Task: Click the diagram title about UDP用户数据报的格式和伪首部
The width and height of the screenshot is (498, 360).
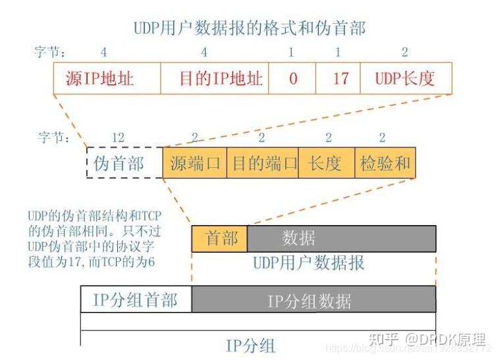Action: [249, 28]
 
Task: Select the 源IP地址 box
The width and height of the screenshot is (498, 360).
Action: [107, 79]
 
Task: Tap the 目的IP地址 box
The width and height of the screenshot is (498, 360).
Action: [215, 79]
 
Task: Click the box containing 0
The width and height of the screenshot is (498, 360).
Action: [292, 79]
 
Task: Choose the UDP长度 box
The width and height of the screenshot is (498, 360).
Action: [406, 79]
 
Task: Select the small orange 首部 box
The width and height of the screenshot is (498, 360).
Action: [219, 238]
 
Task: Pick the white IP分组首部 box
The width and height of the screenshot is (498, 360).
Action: [136, 299]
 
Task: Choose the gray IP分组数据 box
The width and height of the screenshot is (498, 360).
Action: [314, 299]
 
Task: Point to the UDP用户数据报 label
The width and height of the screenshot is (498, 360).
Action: [309, 263]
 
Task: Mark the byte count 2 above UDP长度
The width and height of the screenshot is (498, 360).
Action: [405, 51]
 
